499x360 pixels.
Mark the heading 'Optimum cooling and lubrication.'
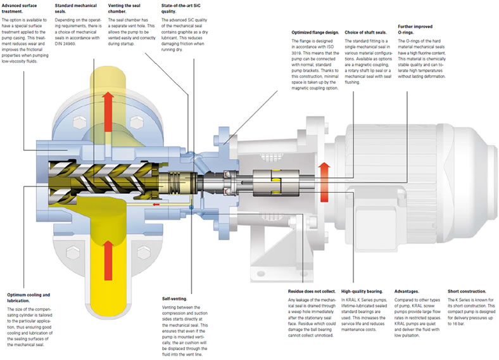pyautogui.click(x=28, y=297)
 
